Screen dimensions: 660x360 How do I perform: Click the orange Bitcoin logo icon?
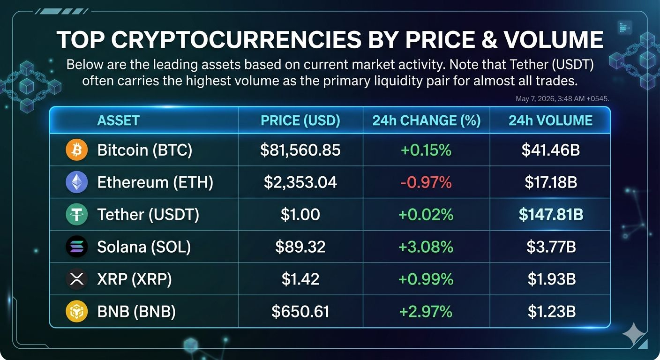[x=76, y=150]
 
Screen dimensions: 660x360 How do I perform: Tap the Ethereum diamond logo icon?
[x=76, y=182]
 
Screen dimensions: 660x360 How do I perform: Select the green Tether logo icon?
[x=76, y=214]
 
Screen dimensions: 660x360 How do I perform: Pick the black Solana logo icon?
[x=76, y=247]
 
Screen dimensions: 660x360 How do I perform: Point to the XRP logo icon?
[x=76, y=279]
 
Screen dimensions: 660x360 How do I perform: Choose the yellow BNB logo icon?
[x=76, y=311]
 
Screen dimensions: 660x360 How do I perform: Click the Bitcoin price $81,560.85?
[x=300, y=150]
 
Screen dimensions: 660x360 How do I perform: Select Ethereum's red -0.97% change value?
[x=426, y=182]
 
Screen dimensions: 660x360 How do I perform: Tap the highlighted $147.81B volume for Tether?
[x=551, y=214]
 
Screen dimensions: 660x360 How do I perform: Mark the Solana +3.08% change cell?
[x=426, y=247]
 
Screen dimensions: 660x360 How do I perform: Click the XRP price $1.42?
[x=300, y=279]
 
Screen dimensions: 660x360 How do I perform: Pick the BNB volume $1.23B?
[x=552, y=311]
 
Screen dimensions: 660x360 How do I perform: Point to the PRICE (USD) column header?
[x=300, y=120]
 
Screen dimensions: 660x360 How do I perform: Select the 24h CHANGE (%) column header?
[x=427, y=120]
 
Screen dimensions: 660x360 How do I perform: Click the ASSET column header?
[x=119, y=120]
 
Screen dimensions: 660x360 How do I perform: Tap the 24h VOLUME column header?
[x=550, y=120]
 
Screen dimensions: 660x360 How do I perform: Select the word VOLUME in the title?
[x=553, y=39]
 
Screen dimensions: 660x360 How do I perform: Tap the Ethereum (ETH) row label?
[x=155, y=182]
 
